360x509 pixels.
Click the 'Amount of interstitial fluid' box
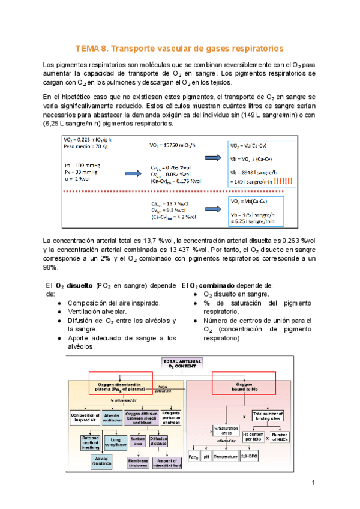coord(170,463)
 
